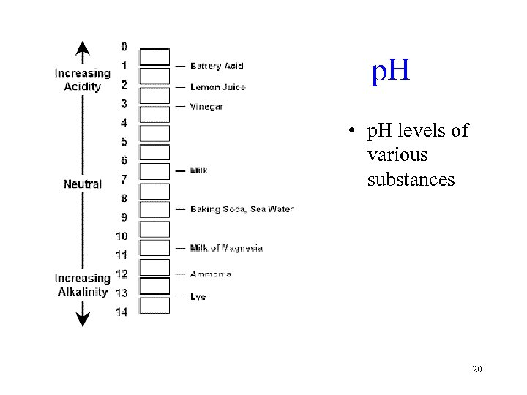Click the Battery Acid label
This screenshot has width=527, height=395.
point(217,67)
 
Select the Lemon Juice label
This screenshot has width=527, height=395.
point(217,87)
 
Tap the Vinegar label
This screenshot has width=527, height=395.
point(206,107)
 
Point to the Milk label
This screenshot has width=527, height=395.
point(198,170)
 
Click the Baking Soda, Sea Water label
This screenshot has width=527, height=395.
point(242,209)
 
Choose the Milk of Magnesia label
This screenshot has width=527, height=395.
point(226,248)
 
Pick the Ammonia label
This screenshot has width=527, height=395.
point(211,274)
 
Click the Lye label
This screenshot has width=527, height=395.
point(198,297)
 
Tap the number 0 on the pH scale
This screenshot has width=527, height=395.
point(124,47)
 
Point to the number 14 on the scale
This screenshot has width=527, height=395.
point(122,312)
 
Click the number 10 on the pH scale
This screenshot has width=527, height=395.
point(122,236)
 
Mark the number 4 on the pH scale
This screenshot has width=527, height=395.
point(124,122)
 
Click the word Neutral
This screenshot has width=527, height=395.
point(82,184)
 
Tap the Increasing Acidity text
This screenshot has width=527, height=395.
point(82,80)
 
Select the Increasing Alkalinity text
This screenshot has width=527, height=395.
point(82,285)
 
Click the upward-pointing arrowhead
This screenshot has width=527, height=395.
point(83,50)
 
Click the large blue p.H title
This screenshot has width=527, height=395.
point(390,72)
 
